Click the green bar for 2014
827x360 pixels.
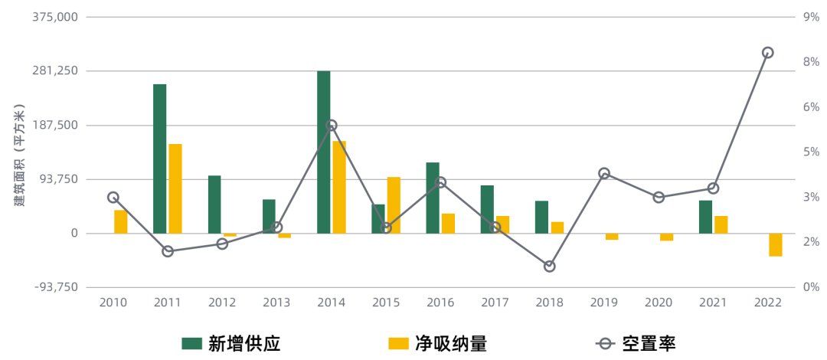(324, 152)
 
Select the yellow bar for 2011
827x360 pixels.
(175, 188)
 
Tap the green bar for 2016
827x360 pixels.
(433, 198)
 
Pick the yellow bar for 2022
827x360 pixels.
(776, 245)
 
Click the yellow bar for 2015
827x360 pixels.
(394, 205)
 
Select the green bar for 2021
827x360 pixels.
(705, 217)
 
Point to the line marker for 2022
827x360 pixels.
(767, 53)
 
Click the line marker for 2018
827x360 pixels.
(549, 267)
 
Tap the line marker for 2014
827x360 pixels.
(332, 125)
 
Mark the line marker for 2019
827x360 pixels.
(604, 173)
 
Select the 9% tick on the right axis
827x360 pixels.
(811, 17)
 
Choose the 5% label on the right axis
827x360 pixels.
(811, 152)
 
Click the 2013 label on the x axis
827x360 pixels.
(276, 303)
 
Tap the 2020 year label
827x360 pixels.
(658, 303)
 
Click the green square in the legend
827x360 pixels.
(191, 343)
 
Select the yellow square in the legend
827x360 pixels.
(398, 343)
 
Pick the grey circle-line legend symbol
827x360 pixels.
(605, 343)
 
